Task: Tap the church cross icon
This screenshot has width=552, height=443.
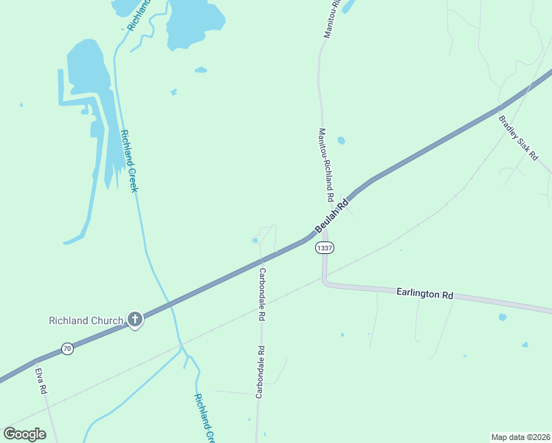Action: point(134,320)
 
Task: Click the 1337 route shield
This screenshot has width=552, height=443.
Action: point(325,248)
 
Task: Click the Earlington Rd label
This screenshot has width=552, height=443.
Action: point(424,293)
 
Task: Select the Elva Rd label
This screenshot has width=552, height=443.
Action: point(42,380)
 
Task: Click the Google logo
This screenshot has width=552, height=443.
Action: point(24,434)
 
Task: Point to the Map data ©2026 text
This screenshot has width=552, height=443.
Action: point(520,436)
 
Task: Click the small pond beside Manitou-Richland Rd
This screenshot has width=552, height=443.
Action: point(341,140)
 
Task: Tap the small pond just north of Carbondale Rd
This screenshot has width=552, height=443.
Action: point(255,239)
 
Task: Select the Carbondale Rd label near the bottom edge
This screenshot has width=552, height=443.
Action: point(259,372)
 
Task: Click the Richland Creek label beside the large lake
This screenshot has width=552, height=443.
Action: point(129,161)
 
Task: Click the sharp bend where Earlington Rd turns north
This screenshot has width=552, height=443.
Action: point(325,281)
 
